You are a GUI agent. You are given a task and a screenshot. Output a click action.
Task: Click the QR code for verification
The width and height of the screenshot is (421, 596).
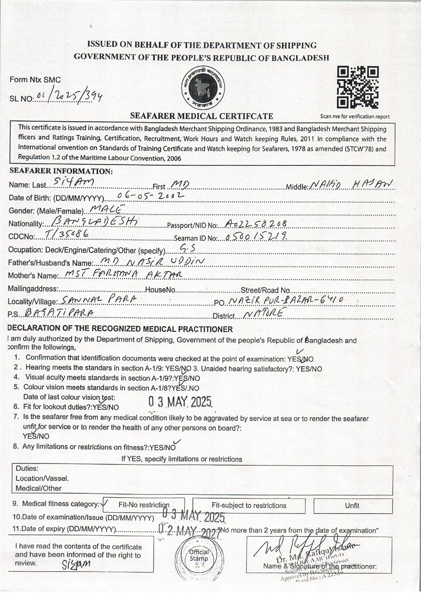(x=358, y=88)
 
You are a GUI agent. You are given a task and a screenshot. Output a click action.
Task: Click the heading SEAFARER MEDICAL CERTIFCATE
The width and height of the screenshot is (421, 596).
(x=201, y=116)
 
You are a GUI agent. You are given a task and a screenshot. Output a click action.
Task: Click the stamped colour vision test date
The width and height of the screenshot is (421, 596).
(x=180, y=402)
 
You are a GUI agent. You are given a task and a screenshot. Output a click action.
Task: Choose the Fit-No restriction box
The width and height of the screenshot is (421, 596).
(x=144, y=505)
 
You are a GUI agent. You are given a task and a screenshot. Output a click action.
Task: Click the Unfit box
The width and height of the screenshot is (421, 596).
(x=352, y=505)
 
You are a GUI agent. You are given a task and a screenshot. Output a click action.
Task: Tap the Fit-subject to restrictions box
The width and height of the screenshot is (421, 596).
(x=249, y=505)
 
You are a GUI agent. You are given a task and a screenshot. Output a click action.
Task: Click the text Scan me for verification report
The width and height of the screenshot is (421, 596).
(x=355, y=116)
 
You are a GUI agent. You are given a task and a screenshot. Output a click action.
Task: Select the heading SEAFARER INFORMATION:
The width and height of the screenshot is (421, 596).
(x=61, y=171)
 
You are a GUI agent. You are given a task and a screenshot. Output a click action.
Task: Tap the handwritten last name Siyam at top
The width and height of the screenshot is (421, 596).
(x=74, y=181)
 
